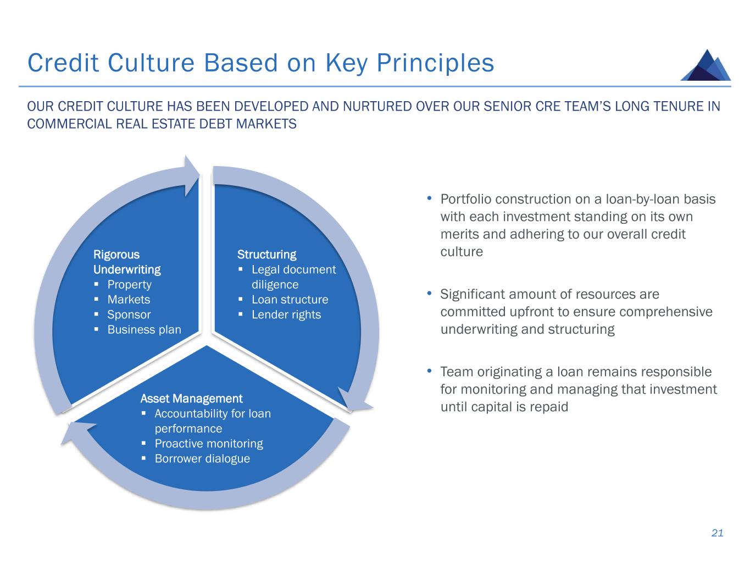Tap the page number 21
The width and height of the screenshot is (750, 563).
point(717,533)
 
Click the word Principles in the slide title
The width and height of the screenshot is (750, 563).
point(436,63)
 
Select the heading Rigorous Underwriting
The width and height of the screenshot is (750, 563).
point(127,262)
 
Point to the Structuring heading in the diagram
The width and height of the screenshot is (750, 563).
point(266,255)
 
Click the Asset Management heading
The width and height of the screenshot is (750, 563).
point(191,399)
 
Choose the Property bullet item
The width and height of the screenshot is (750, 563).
point(129,284)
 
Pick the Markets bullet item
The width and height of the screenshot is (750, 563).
point(129,300)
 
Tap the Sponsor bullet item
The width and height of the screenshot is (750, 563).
point(129,314)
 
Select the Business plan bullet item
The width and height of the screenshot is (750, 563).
point(144,329)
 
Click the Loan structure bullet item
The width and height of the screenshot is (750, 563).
point(290,300)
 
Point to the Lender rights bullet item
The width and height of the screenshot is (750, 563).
point(286,314)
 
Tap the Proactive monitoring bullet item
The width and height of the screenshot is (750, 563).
point(209,444)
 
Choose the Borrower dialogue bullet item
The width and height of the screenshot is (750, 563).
point(202,459)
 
